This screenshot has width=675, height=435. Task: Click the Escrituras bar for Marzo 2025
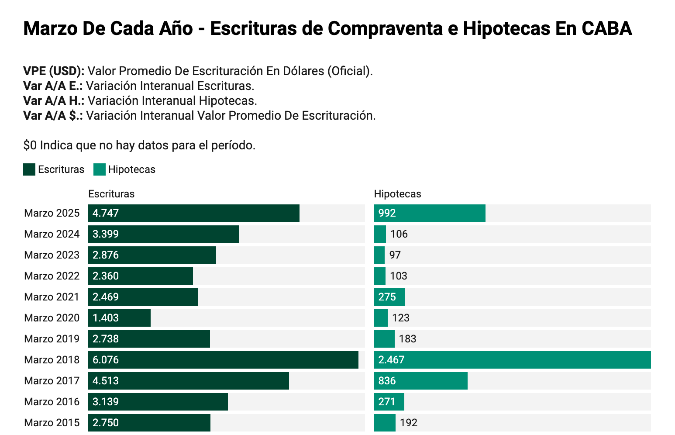[194, 213]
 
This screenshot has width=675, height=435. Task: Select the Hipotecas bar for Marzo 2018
[512, 360]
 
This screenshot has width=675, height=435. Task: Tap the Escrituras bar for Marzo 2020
[119, 318]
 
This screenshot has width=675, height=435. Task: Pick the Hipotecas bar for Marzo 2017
[420, 381]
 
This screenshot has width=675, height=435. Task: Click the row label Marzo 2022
[52, 276]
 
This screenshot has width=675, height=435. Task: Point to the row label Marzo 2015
[52, 423]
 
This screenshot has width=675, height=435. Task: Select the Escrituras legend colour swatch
[29, 169]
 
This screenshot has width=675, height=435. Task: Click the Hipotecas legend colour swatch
[100, 169]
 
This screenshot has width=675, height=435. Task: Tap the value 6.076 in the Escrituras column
[106, 360]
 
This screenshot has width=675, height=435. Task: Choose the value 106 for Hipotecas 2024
[399, 234]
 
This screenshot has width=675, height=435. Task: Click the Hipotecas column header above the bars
[397, 194]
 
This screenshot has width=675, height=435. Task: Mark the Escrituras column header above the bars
[111, 194]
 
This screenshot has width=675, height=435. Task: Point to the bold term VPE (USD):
[54, 71]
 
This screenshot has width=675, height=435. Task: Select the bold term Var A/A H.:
[54, 101]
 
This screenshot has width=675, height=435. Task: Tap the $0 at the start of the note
[30, 145]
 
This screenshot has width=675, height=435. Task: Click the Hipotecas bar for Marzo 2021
[389, 297]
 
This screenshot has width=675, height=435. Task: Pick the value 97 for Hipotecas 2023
[395, 255]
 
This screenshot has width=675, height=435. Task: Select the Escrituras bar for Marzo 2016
[158, 402]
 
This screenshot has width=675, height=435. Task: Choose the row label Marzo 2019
[52, 339]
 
